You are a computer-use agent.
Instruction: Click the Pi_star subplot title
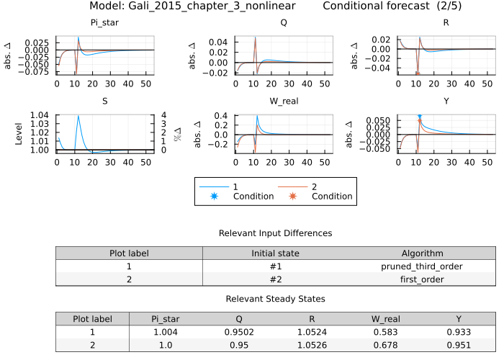(104, 22)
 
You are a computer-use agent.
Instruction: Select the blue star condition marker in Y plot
(419, 116)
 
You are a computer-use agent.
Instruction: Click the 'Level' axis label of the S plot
(19, 132)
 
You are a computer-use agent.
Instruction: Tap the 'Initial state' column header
(276, 253)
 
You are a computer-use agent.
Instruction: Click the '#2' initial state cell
(276, 279)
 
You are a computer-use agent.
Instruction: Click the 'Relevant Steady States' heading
(276, 299)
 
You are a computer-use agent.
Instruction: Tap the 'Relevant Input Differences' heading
(276, 233)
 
